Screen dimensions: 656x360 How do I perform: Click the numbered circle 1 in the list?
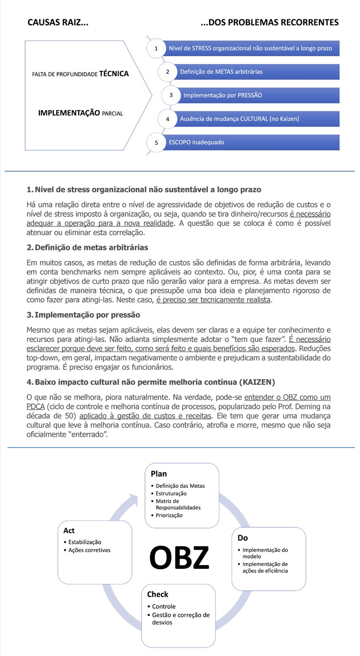click(x=156, y=49)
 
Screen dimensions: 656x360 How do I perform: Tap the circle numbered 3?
click(x=171, y=95)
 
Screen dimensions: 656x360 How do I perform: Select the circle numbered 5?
click(x=156, y=143)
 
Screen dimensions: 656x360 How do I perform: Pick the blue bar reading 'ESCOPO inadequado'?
click(x=252, y=142)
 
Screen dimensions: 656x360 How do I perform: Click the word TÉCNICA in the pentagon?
click(x=114, y=74)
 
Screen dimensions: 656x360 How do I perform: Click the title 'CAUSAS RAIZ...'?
click(x=58, y=22)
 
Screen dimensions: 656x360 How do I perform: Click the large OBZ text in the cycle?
click(x=180, y=557)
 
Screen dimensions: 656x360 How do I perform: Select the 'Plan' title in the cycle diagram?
click(x=159, y=474)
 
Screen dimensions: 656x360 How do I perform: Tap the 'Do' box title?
click(x=243, y=538)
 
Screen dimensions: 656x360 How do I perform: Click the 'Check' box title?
click(x=157, y=594)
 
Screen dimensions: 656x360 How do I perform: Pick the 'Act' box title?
click(x=69, y=530)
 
